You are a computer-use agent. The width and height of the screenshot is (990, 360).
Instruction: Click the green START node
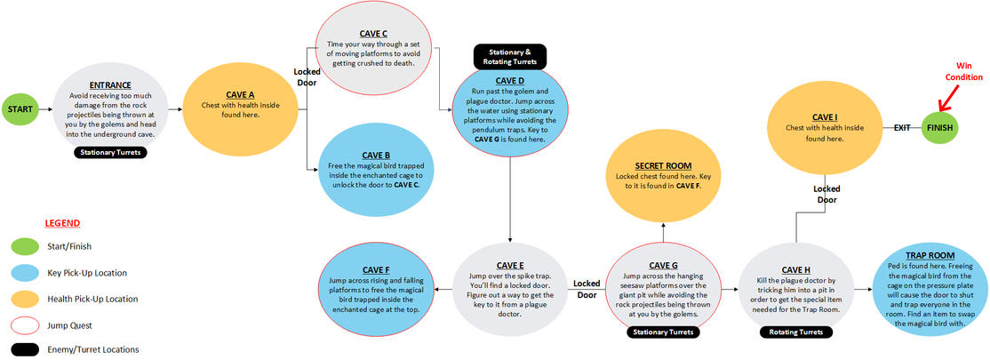[20, 109]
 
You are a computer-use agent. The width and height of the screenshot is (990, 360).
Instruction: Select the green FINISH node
[943, 128]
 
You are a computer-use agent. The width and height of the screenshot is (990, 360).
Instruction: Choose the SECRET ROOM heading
[664, 166]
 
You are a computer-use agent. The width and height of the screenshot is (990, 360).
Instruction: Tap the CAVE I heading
[825, 116]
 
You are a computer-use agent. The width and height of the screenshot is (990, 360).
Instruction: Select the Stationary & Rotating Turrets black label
[509, 56]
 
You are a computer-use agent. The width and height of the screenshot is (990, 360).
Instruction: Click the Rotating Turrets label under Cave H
[796, 332]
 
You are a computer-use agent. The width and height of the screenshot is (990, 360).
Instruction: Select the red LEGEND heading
[61, 222]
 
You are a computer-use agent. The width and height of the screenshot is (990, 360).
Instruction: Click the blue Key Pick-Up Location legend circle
[24, 272]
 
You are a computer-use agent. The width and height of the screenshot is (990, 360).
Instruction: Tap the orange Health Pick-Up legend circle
[24, 298]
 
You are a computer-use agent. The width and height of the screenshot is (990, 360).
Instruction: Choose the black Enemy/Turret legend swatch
[24, 349]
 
